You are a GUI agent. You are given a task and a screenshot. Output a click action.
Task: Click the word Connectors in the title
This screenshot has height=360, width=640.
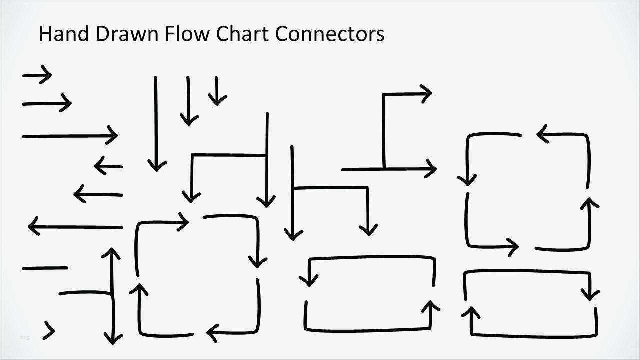[x=330, y=34]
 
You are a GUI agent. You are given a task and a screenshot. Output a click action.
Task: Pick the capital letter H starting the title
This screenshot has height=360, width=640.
[x=45, y=34]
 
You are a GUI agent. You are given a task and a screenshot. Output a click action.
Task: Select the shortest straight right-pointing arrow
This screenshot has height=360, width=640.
[x=37, y=75]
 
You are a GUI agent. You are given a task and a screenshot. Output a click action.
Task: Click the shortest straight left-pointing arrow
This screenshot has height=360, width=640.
[x=108, y=166]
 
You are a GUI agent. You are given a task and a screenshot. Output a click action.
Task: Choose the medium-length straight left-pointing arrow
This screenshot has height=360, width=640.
[x=98, y=194]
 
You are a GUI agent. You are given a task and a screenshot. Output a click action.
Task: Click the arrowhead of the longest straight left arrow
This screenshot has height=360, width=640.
[x=33, y=227]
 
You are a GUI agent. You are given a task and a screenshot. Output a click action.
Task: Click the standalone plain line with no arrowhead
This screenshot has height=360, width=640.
[x=45, y=268]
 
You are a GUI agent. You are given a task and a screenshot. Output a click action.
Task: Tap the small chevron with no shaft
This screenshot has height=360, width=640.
[x=49, y=330]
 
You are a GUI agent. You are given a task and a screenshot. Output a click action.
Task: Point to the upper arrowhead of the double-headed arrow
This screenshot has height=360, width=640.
[x=111, y=252]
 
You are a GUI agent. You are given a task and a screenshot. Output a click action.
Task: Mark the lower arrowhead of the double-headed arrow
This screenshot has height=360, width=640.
[x=113, y=339]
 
